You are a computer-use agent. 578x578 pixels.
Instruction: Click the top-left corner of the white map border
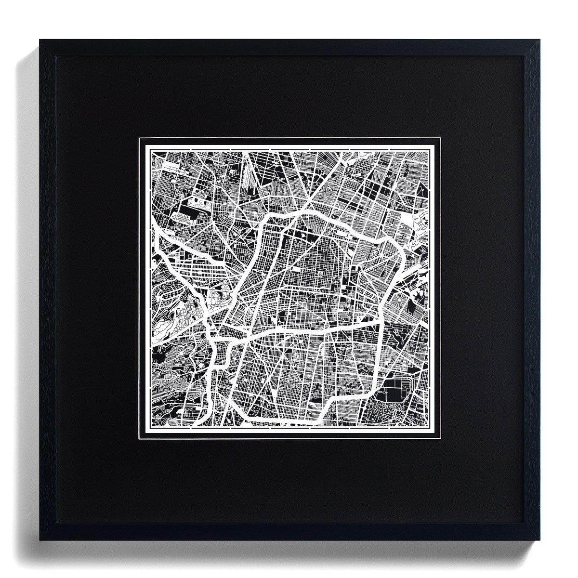(140, 138)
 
